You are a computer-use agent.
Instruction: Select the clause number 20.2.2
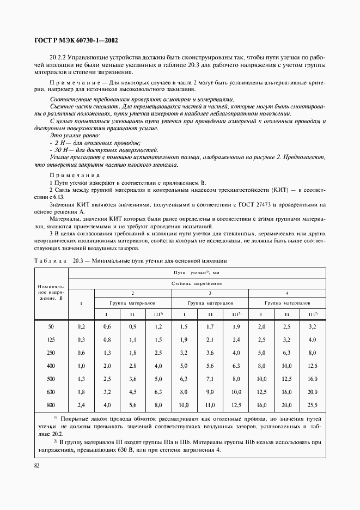58,57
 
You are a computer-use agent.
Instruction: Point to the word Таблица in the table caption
50,261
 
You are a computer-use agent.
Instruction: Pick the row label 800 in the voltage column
51,405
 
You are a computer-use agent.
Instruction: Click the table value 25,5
312,405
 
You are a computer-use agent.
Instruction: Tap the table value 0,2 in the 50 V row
82,326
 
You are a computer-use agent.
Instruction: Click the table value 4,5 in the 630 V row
133,391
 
